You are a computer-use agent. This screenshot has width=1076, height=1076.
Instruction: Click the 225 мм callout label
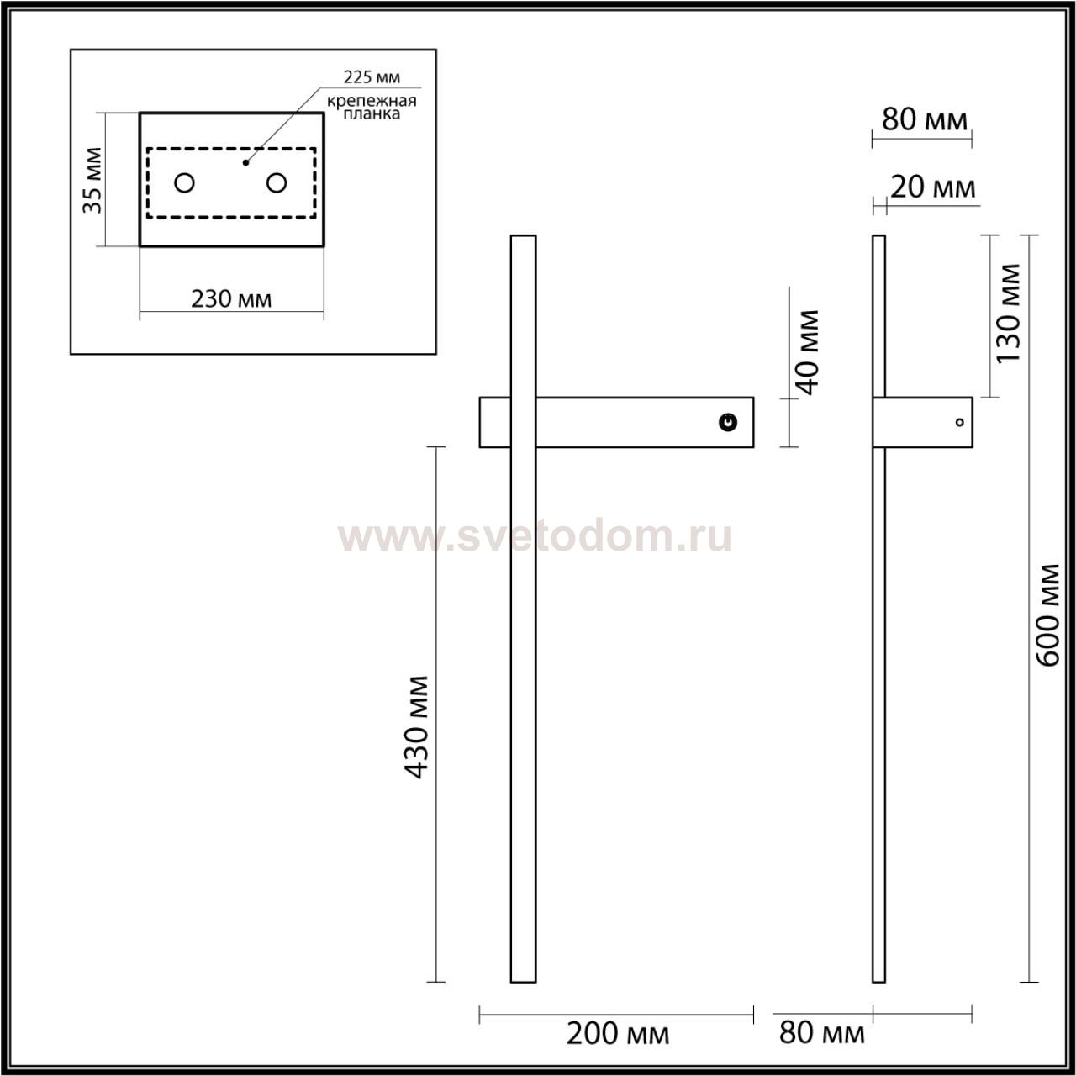(372, 77)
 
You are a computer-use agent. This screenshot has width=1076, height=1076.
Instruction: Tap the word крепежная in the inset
(372, 101)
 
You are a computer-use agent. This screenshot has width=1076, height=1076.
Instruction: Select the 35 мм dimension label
(92, 180)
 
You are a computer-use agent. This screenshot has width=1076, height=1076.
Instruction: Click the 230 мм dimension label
(231, 299)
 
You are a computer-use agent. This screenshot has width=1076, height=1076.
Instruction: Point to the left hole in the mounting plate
(184, 182)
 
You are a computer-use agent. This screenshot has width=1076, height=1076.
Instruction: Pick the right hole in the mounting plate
(277, 182)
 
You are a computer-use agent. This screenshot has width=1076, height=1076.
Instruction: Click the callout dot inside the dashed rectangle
(245, 162)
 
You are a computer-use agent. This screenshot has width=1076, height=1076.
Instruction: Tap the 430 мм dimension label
(417, 727)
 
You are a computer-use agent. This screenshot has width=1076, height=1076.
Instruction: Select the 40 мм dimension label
(807, 351)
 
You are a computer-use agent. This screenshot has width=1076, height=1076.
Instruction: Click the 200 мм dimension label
(618, 1033)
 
